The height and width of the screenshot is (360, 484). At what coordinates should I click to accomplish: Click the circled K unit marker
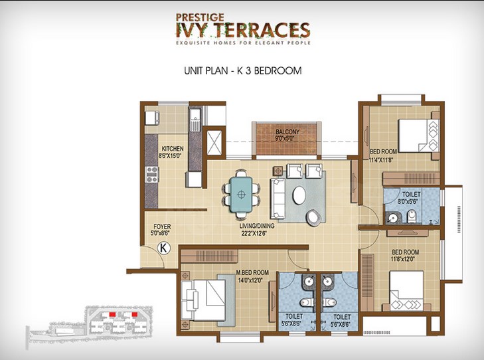tap(164, 248)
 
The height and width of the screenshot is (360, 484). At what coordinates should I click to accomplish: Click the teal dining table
tap(241, 195)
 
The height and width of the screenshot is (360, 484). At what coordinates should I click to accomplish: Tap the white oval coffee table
tap(299, 195)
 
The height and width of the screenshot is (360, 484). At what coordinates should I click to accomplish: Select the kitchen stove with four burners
tap(151, 175)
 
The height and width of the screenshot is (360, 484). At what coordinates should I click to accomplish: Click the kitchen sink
tap(195, 118)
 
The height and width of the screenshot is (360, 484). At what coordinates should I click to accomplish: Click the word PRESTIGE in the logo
tap(200, 17)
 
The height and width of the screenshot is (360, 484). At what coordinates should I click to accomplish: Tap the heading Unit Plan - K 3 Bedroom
tap(243, 70)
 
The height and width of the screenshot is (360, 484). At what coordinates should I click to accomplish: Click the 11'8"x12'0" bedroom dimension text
tap(402, 259)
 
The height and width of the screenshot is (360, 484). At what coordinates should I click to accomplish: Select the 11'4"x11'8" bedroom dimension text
tap(381, 160)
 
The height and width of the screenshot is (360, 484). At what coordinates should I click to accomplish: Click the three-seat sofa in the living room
tap(278, 199)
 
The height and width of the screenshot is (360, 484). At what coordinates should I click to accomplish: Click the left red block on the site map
tap(112, 314)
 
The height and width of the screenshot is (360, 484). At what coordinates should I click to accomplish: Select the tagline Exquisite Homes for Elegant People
tap(243, 43)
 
